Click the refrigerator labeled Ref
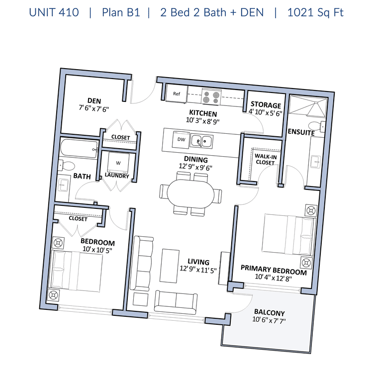pos(176,93)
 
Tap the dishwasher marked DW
pos(181,139)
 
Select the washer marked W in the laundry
pos(118,163)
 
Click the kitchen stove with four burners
pos(211,97)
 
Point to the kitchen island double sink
pos(201,142)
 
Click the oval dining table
pos(190,193)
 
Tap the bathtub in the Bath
pos(79,148)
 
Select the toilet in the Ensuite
pos(316,126)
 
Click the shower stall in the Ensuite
pos(308,106)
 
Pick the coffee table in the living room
pos(170,266)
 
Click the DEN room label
pos(94,100)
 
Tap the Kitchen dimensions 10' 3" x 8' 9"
pos(203,121)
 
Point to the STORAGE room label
pos(266,104)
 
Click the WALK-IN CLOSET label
pos(266,159)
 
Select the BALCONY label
pos(270,312)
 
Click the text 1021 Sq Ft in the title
pos(315,12)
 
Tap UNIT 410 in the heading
pos(54,12)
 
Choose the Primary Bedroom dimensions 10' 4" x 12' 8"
pos(274,278)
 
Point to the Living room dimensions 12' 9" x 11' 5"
pos(198,270)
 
